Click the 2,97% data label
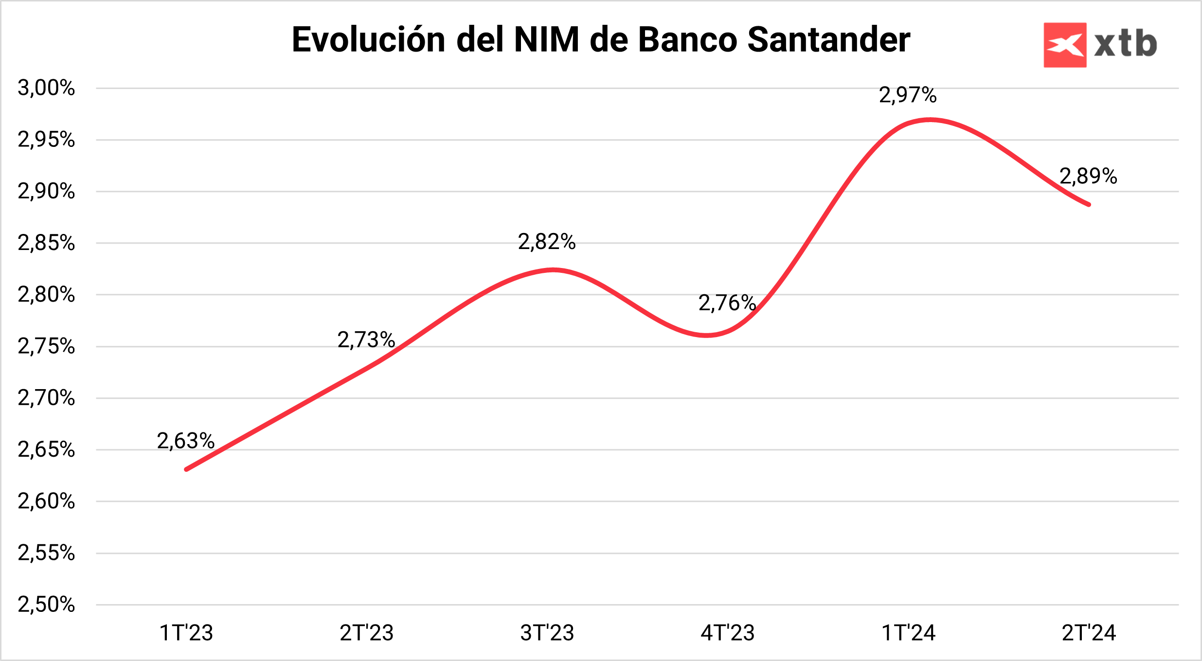908,95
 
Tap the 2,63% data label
186,441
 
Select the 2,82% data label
547,242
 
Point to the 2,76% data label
727,303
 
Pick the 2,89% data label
1088,176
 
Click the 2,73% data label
366,340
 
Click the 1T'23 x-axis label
186,633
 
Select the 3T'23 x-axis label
547,633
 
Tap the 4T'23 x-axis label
728,633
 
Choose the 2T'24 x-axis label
1089,633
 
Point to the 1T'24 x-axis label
908,633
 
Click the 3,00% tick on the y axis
46,88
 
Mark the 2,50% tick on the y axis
46,605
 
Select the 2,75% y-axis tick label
46,346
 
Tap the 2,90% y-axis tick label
46,191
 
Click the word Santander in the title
828,39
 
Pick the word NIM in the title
546,39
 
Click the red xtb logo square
1065,45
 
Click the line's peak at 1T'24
930,119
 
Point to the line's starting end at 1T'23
187,469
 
